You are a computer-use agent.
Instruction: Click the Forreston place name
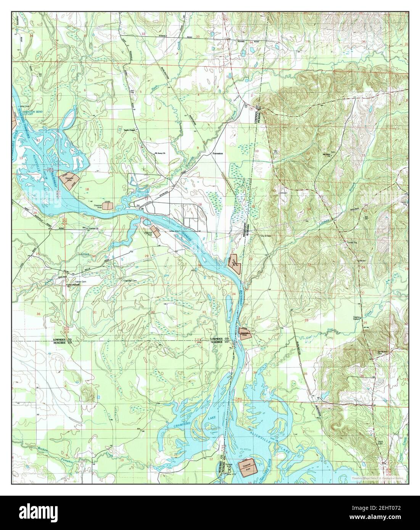tap(217, 153)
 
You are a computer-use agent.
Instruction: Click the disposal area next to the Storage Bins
tap(246, 468)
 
